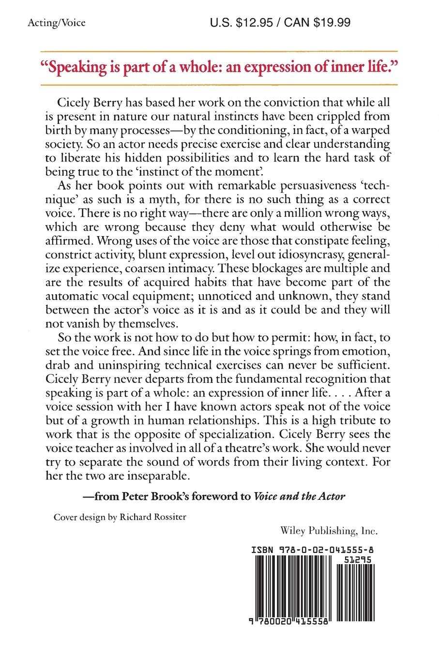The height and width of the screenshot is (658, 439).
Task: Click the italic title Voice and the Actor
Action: pos(299,496)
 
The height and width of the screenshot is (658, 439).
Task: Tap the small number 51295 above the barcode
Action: pos(359,558)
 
